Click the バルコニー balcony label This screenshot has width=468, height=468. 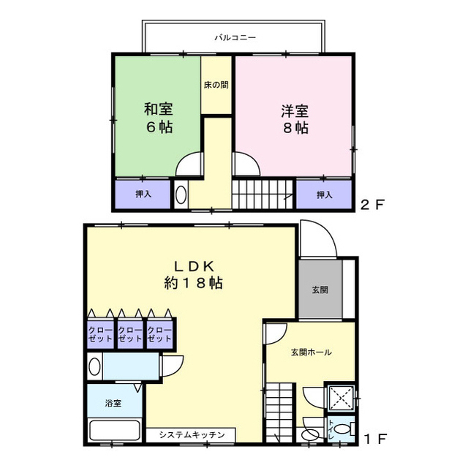(235, 37)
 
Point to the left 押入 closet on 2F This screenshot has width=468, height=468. (143, 195)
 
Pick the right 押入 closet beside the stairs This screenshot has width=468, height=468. (325, 195)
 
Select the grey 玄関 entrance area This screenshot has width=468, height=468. (320, 290)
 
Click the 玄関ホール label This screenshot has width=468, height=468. (311, 352)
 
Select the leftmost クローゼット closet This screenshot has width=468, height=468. (100, 334)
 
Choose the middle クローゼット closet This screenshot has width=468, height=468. (129, 334)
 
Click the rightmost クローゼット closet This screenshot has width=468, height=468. (159, 334)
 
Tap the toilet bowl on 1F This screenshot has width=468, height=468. (345, 428)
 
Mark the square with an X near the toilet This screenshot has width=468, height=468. (339, 399)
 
